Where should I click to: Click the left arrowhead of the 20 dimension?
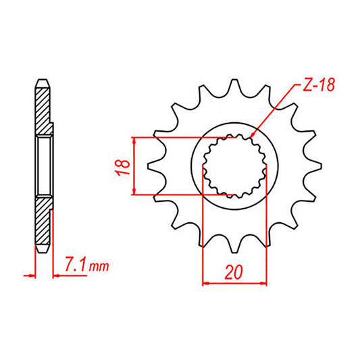click(x=207, y=282)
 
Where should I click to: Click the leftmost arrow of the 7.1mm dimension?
click(x=30, y=276)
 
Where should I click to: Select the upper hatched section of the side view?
click(x=43, y=108)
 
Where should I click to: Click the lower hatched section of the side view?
click(x=43, y=223)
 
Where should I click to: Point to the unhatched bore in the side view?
click(x=43, y=165)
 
